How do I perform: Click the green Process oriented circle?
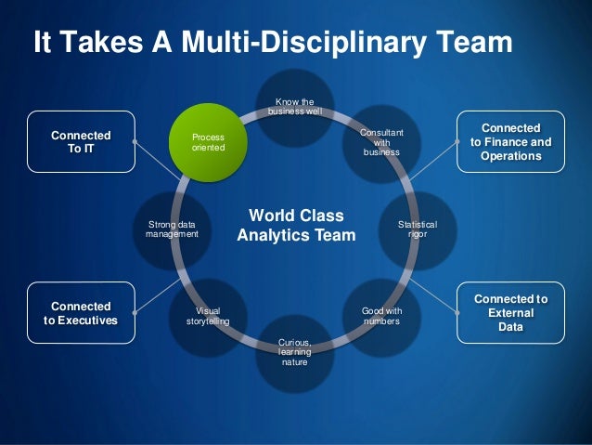[x=208, y=142]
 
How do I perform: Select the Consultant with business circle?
[x=381, y=143]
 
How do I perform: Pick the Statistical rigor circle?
[x=418, y=229]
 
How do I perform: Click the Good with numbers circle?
[x=381, y=315]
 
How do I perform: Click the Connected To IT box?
[x=81, y=142]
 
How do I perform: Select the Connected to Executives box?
[x=81, y=313]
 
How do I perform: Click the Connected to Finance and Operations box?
[x=510, y=142]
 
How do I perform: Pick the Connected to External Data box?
[x=510, y=313]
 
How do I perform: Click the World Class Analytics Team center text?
[x=296, y=226]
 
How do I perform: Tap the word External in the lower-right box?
[x=510, y=313]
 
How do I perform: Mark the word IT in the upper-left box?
[x=88, y=150]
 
